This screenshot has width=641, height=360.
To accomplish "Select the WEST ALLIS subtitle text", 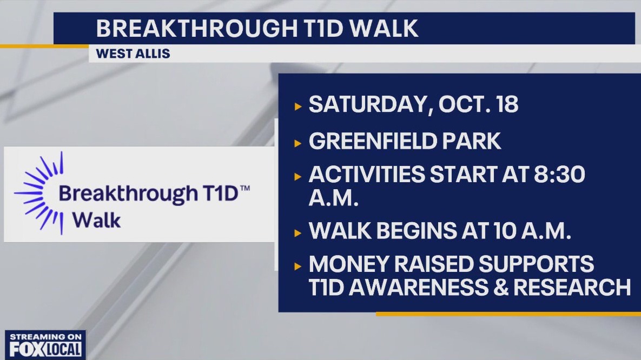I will pos(133,54).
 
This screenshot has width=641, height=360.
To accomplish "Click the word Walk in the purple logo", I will pos(97,219).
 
